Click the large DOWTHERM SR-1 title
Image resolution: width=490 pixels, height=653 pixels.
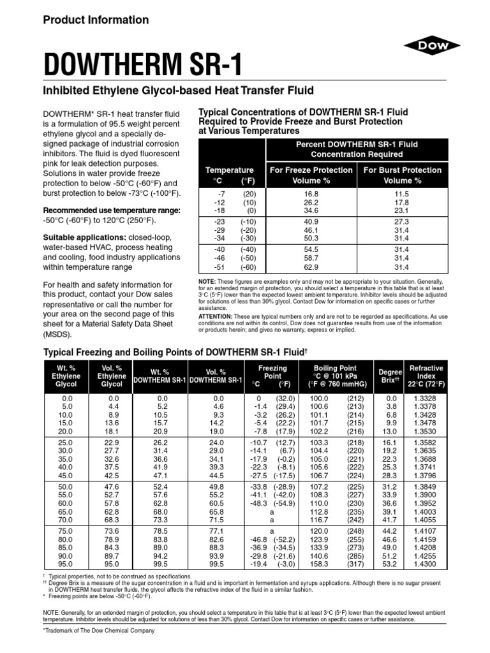point(143,65)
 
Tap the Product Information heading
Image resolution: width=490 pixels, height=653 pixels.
point(96,20)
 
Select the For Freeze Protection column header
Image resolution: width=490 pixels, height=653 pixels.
point(311,175)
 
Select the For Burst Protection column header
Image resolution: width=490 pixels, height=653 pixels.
point(402,175)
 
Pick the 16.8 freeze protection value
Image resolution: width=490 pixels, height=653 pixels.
point(311,193)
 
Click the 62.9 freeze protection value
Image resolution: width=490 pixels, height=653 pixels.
point(311,268)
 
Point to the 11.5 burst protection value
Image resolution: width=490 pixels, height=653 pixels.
point(402,193)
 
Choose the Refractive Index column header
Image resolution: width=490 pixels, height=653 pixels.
point(426,376)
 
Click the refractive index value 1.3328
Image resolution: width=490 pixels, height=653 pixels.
point(426,398)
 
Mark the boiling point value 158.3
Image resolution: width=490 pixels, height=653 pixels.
point(319,564)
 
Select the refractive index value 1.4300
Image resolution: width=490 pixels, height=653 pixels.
point(426,564)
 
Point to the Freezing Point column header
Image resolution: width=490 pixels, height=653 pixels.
point(272,376)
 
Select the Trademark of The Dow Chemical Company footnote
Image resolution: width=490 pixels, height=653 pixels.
point(98,631)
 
